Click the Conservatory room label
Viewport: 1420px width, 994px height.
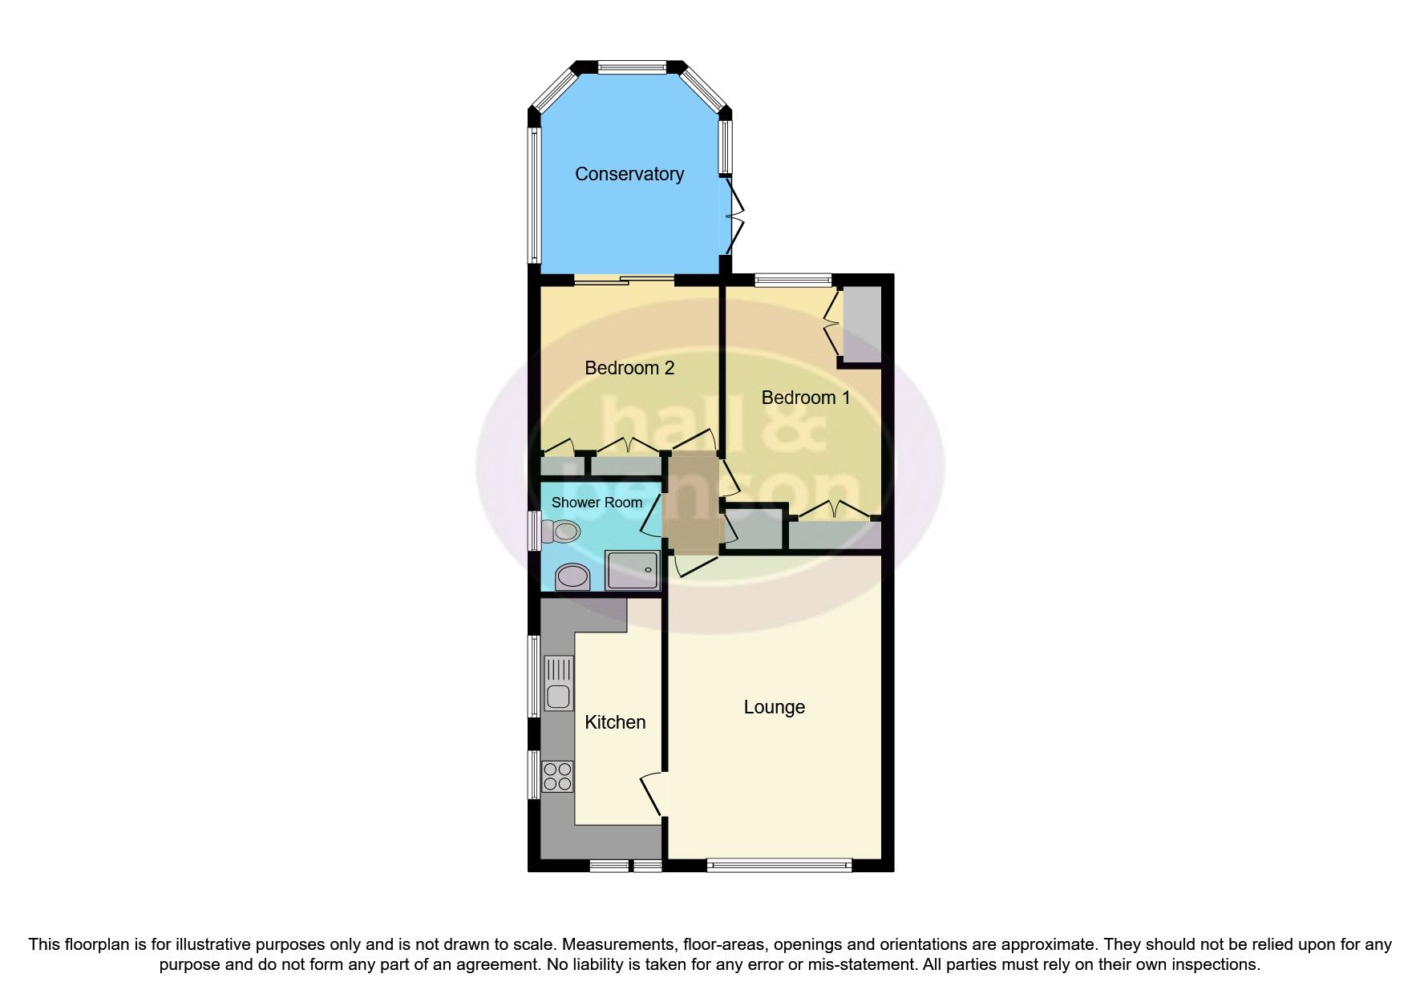click(x=629, y=174)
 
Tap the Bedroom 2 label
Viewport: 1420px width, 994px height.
click(x=629, y=368)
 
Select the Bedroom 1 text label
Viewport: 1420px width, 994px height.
click(x=805, y=398)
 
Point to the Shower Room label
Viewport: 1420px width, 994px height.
click(x=597, y=503)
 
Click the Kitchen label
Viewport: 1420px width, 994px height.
click(x=615, y=722)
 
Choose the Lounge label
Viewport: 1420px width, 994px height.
click(x=774, y=707)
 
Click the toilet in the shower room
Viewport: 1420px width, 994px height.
click(x=560, y=531)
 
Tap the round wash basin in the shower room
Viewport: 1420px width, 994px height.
click(x=572, y=576)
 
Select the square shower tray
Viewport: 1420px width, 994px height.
click(x=633, y=570)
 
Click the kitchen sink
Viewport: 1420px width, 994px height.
click(x=558, y=683)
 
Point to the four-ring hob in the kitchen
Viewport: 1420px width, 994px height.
click(x=558, y=775)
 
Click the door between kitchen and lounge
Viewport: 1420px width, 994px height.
click(x=654, y=794)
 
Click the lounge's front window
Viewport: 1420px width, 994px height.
click(x=779, y=865)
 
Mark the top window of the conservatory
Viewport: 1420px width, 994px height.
click(x=631, y=67)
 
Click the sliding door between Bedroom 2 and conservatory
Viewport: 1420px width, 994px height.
click(x=625, y=280)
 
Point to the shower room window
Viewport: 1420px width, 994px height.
click(x=533, y=531)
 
